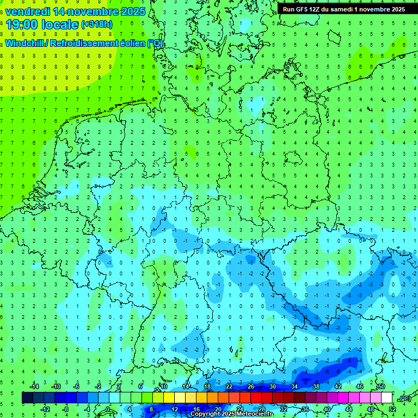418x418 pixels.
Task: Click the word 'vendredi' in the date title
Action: pyautogui.click(x=27, y=11)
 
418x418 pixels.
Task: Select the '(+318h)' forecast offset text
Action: pyautogui.click(x=96, y=24)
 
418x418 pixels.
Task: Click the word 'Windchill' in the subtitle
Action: pyautogui.click(x=25, y=44)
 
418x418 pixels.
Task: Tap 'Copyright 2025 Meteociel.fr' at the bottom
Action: pyautogui.click(x=231, y=414)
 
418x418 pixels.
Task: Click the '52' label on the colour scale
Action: pyautogui.click(x=392, y=409)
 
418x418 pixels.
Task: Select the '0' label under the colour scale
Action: pyautogui.click(x=108, y=409)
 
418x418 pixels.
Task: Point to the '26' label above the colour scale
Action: pyautogui.click(x=251, y=386)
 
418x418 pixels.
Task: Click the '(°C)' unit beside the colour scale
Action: pyautogui.click(x=405, y=398)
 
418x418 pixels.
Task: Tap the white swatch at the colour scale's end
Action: pyautogui.click(x=386, y=398)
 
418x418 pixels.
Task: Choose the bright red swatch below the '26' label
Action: pyautogui.click(x=256, y=398)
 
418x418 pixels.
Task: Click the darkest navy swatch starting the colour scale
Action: pyautogui.click(x=27, y=398)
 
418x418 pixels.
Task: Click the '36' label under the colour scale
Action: pyautogui.click(x=305, y=409)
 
